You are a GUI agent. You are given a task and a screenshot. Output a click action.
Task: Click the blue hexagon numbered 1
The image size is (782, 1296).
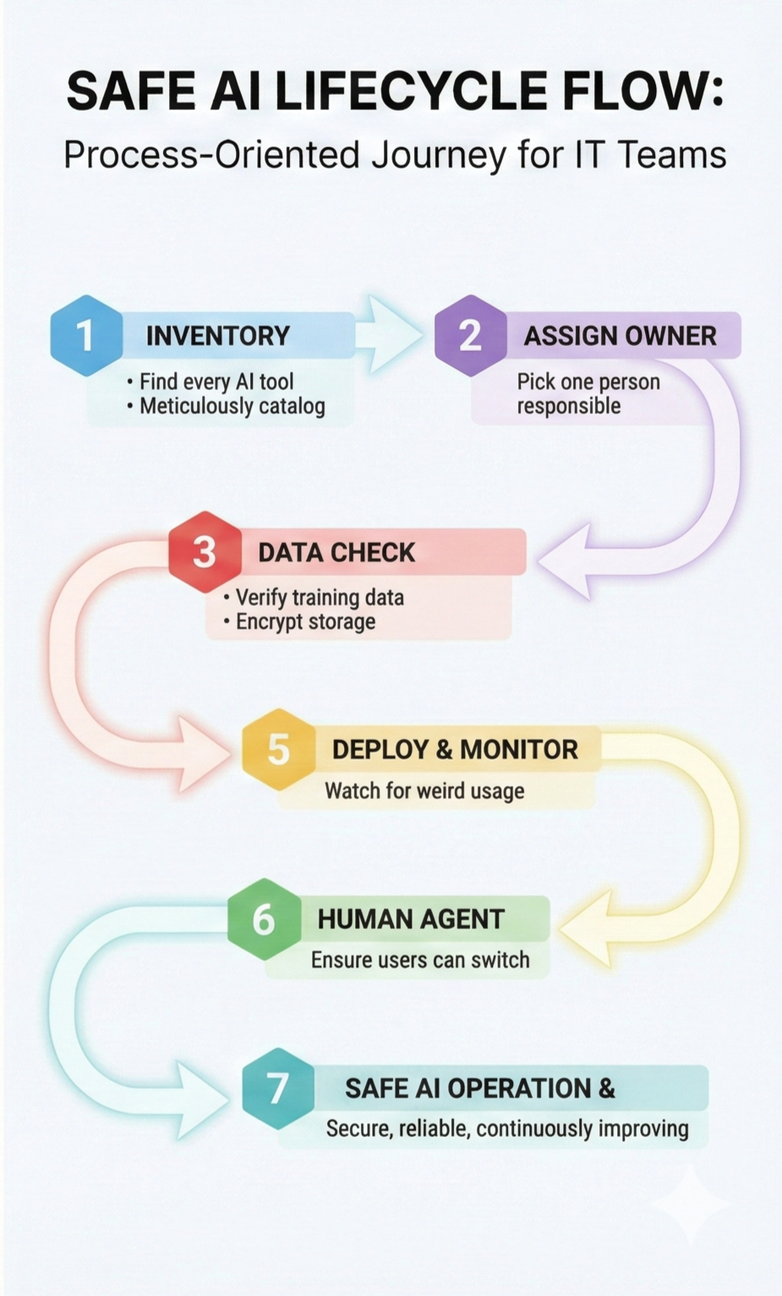[x=85, y=336]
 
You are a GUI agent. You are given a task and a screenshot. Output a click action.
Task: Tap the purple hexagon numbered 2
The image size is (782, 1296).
[x=470, y=336]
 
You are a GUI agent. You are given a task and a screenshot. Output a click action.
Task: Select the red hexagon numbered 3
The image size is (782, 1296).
[x=205, y=552]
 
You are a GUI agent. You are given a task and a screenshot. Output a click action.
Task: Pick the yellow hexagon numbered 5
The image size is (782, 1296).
[x=278, y=750]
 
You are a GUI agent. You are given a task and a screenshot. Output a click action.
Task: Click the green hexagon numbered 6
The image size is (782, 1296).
[x=264, y=919]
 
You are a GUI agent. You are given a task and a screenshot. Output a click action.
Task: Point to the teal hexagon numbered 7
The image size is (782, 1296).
[x=278, y=1088]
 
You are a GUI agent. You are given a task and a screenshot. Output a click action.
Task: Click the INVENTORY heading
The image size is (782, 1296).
[x=217, y=336]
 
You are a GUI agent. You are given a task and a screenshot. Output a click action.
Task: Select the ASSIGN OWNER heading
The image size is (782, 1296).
[x=620, y=336]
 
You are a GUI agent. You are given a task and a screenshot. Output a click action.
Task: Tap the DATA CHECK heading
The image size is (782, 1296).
[x=336, y=552]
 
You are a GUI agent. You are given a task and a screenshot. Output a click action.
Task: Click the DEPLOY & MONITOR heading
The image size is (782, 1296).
[x=455, y=750]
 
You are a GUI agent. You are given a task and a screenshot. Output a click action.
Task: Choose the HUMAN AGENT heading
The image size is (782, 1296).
[x=411, y=919]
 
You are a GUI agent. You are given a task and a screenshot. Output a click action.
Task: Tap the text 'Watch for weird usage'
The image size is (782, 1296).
[x=424, y=791]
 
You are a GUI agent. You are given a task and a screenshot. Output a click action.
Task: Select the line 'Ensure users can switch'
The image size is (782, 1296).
[x=420, y=960]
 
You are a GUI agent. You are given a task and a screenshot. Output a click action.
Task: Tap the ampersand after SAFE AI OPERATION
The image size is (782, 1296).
[x=606, y=1088]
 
